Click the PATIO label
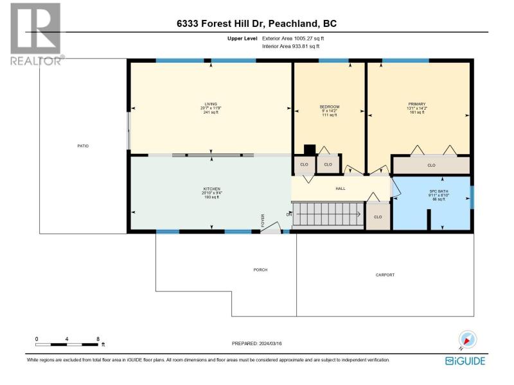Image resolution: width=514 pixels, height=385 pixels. coord(83,146)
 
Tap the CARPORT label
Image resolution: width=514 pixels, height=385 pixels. coord(385,275)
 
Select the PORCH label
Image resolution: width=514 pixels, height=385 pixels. coord(260,269)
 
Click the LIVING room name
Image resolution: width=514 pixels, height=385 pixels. coord(211,104)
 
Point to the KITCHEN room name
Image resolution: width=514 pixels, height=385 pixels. coord(212,189)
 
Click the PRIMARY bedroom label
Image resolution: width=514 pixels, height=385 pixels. coord(416,104)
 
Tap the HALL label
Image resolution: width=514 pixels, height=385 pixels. coord(341,189)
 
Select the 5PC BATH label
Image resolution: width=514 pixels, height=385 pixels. coord(439,191)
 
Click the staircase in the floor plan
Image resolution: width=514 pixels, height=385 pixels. coord(328,214)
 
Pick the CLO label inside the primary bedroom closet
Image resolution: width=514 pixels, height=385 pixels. coord(431,166)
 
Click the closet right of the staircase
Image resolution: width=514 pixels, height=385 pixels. coord(378,216)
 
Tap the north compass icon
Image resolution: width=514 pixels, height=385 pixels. coord(468,339)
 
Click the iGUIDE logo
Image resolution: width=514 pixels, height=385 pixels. coord(465,361)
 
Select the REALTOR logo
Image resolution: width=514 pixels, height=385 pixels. coord(37,34)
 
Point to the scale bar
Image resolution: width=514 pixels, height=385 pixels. coord(67,345)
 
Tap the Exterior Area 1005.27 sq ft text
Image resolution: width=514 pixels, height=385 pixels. coord(293,38)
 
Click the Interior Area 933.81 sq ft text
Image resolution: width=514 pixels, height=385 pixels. coord(291,46)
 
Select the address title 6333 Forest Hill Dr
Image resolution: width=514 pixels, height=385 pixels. coord(221,24)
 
